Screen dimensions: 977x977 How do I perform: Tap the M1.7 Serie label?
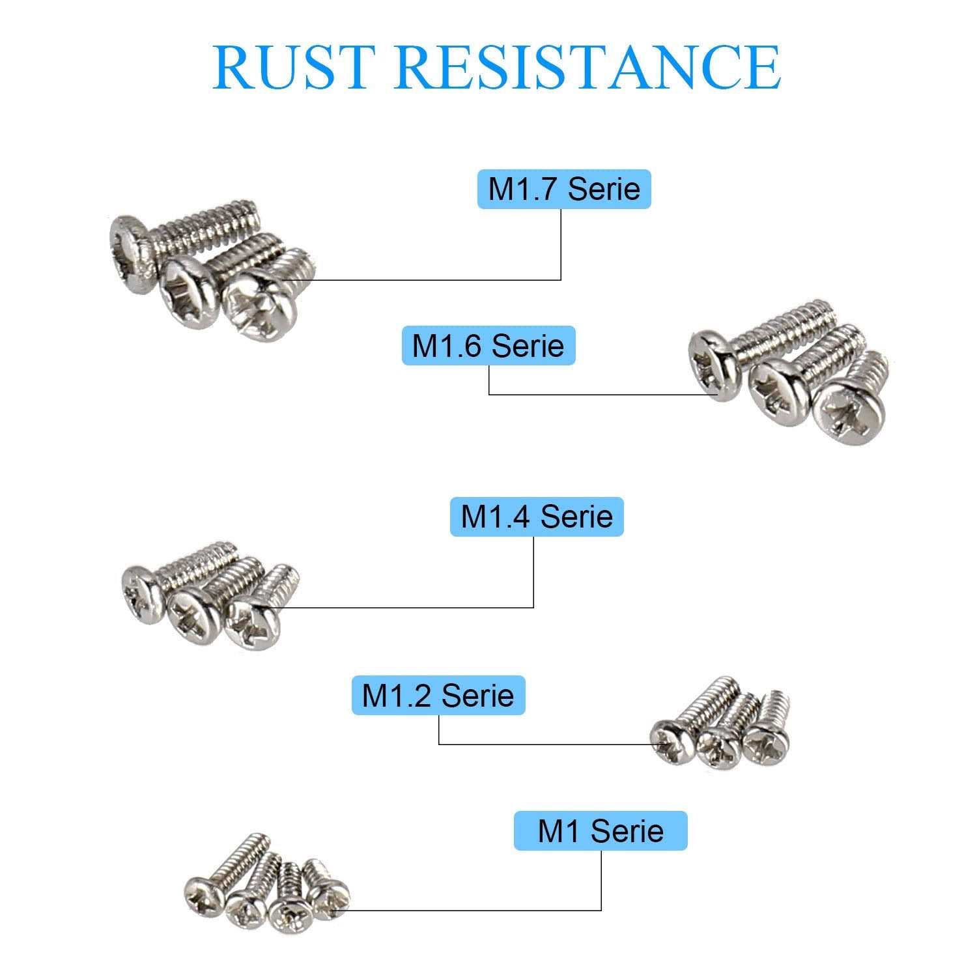point(564,189)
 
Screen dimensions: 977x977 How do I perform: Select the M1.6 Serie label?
point(488,345)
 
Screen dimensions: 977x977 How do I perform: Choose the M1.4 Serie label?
point(537,517)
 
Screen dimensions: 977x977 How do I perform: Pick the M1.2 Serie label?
point(438,695)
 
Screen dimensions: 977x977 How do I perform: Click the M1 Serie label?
point(601,830)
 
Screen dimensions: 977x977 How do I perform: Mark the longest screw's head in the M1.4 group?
point(141,594)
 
